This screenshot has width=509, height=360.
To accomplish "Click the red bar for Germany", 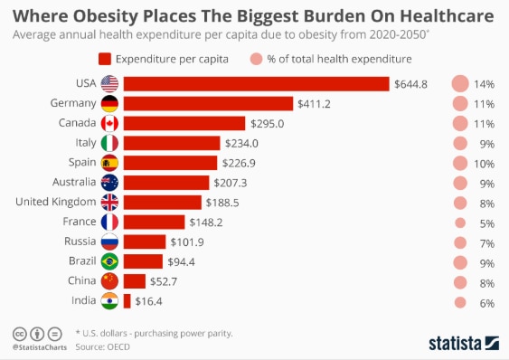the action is pos(208,104).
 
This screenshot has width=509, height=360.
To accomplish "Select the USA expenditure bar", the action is pos(256,84).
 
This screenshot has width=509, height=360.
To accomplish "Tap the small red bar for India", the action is pos(127,301).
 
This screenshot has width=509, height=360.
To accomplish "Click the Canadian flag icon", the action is pos(109,123).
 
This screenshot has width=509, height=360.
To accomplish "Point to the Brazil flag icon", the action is pos(109,261).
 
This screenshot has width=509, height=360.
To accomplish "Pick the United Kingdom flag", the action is pos(109,203).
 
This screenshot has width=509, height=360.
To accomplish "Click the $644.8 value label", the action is pos(410,84).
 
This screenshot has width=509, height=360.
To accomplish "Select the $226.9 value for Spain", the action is pos(239,163).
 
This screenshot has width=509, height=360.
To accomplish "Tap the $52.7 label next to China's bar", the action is pos(164,281).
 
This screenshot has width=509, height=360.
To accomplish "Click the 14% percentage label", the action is pos(484,84).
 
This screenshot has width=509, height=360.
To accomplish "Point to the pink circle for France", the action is pos(460,223).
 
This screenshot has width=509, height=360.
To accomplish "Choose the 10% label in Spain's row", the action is pos(484,164).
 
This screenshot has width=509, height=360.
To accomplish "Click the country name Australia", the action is pos(74,182).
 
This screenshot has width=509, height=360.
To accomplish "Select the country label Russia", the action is pos(80,242).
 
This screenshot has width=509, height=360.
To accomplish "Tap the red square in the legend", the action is pos(105,59).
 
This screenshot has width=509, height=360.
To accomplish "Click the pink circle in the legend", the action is pos(256,59).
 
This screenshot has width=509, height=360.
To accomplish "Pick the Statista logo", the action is pos(464,344).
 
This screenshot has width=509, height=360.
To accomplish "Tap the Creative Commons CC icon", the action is pos(20,334).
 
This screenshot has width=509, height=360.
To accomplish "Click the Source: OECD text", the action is pos(102,347).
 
